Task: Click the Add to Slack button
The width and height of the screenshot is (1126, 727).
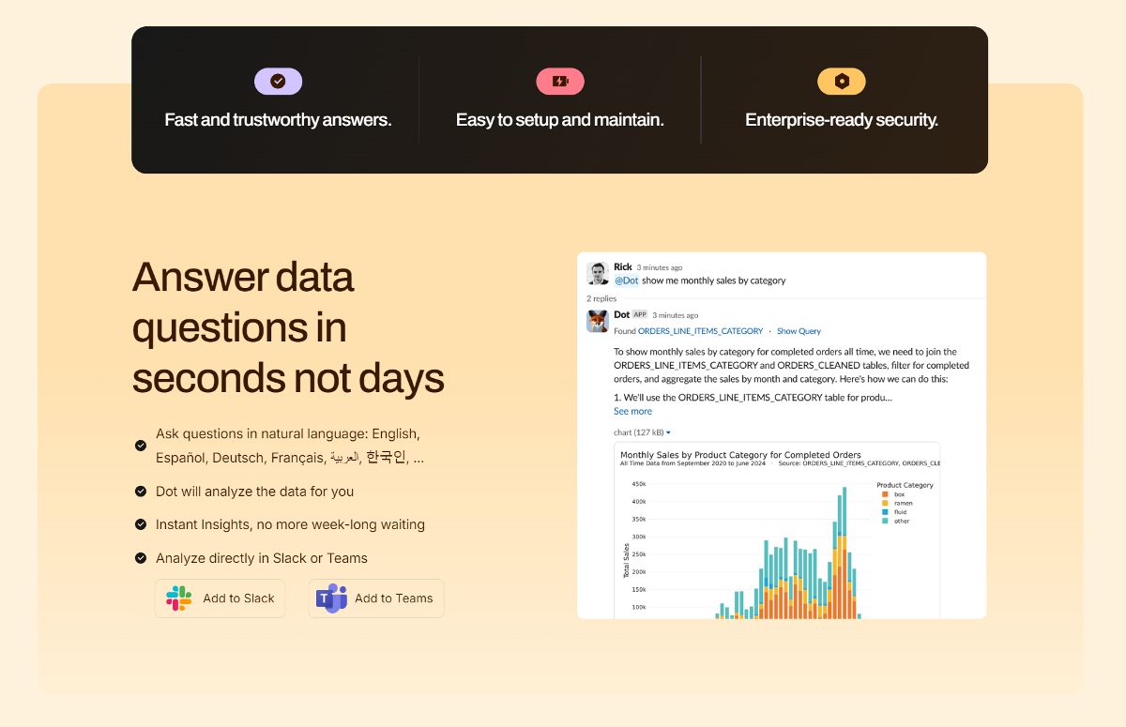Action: click(x=220, y=598)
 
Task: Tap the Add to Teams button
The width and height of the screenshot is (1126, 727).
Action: click(x=376, y=598)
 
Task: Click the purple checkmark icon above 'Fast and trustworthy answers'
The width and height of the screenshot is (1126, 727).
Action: click(x=278, y=82)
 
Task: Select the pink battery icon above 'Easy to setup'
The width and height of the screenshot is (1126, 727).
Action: click(x=560, y=82)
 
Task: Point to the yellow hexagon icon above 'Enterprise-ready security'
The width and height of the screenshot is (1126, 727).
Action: click(x=842, y=82)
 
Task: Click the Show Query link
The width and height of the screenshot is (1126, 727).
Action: click(x=799, y=331)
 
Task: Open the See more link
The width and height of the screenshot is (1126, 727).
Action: click(x=632, y=411)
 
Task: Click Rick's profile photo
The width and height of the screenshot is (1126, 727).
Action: click(x=598, y=273)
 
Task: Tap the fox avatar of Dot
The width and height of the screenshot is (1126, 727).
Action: click(x=598, y=322)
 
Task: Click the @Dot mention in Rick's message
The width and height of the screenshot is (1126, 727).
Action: click(x=626, y=280)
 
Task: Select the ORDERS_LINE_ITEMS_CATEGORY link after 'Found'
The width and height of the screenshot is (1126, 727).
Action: click(x=700, y=331)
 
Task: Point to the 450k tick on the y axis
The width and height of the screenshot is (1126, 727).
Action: click(x=638, y=484)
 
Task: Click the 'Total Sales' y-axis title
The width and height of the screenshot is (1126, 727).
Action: click(x=626, y=559)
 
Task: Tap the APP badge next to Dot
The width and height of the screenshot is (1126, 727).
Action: click(x=639, y=314)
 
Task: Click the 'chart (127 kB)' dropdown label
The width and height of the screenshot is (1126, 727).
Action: click(x=642, y=432)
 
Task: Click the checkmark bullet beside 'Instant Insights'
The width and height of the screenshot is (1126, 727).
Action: click(x=141, y=524)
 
